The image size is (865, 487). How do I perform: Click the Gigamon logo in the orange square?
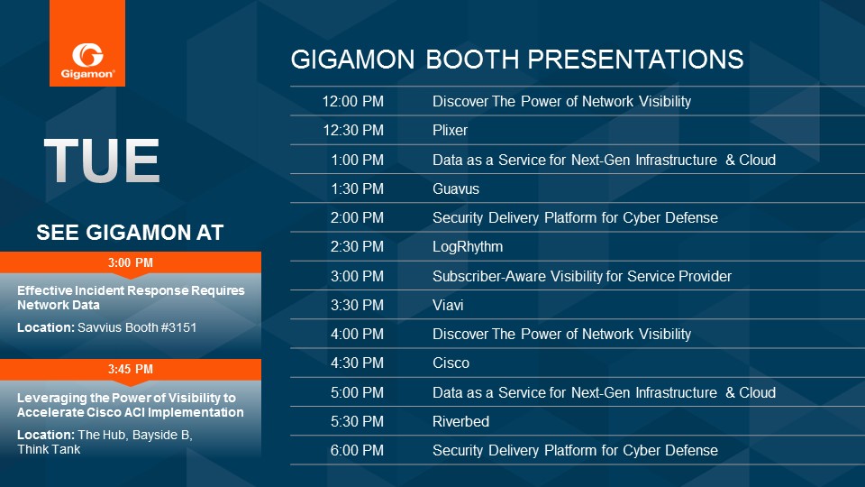click(87, 60)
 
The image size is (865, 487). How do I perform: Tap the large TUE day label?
click(102, 161)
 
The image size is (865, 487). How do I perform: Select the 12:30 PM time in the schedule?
click(353, 130)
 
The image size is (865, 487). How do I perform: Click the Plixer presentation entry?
click(450, 130)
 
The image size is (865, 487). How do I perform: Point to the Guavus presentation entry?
click(456, 188)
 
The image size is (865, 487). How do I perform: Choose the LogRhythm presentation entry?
click(468, 247)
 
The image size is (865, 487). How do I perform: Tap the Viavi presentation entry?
click(448, 306)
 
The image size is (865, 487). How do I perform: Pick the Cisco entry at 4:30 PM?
click(451, 363)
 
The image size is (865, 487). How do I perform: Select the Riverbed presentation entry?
click(460, 421)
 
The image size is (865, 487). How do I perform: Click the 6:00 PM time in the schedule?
click(357, 451)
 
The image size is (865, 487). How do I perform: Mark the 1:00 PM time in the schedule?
click(357, 161)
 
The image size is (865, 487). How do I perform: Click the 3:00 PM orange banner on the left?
click(131, 262)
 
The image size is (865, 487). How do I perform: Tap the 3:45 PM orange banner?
click(131, 370)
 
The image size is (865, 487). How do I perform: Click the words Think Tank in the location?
click(49, 449)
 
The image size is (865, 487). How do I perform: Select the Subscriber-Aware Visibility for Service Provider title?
click(582, 276)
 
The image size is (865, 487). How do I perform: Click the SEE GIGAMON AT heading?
click(130, 233)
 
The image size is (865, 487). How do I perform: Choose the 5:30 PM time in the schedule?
click(357, 421)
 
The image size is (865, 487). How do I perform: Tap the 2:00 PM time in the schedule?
click(357, 217)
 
